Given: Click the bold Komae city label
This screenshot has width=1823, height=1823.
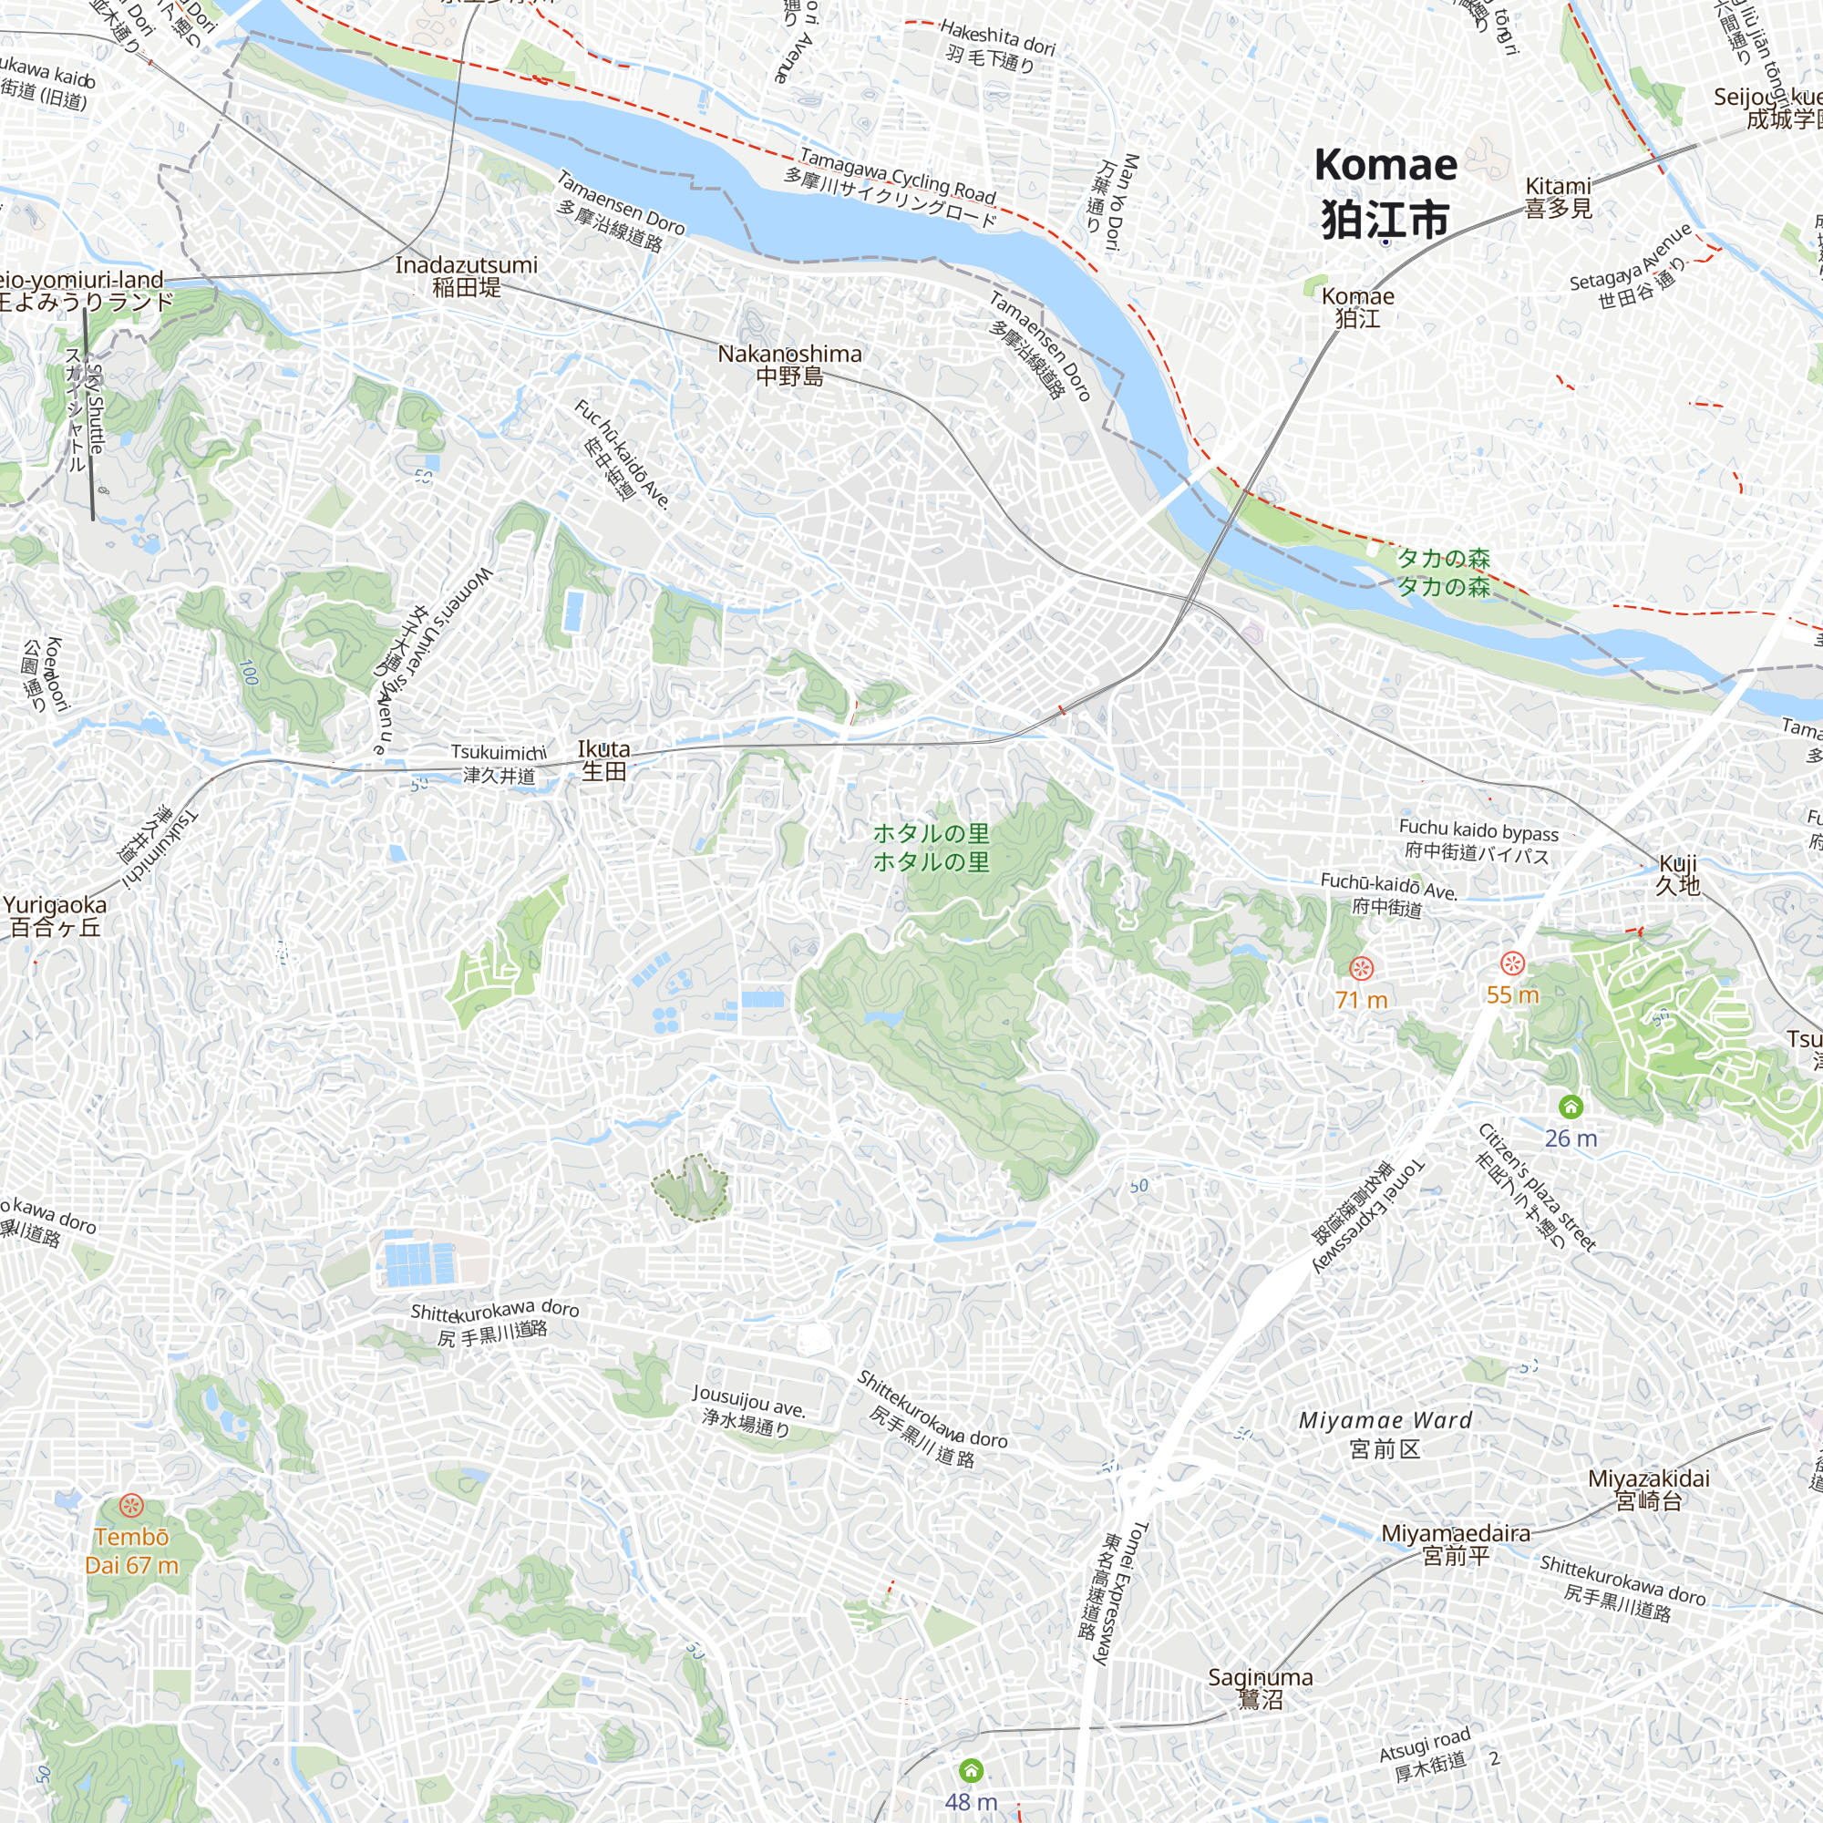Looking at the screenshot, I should click(x=1385, y=192).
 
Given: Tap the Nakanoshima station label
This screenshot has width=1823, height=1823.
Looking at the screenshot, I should click(x=789, y=366).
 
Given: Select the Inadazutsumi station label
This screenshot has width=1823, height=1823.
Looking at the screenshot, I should click(x=466, y=275).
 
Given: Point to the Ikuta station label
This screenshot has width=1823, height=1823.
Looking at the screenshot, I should click(x=604, y=759).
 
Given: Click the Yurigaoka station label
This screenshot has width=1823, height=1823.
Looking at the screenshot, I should click(x=55, y=915).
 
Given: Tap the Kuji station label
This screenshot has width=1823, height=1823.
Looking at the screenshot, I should click(x=1678, y=874).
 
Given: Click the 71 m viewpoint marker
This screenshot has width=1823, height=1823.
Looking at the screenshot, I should click(x=1361, y=968).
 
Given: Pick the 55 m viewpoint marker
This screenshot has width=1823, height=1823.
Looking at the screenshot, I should click(x=1512, y=963).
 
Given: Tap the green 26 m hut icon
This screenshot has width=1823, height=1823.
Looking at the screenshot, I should click(x=1571, y=1106).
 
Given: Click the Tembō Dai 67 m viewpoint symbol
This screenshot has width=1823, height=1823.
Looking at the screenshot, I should click(x=131, y=1504).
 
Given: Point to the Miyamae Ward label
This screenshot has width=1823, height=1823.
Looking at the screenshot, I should click(x=1385, y=1433).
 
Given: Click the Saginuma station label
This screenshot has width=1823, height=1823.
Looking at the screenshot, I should click(x=1261, y=1688).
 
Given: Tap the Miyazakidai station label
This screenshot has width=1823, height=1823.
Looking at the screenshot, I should click(x=1648, y=1489).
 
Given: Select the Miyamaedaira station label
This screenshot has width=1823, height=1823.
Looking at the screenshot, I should click(x=1456, y=1544).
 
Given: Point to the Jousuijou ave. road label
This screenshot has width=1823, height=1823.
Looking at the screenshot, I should click(x=748, y=1410).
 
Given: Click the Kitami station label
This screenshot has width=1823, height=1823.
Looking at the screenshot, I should click(x=1558, y=196).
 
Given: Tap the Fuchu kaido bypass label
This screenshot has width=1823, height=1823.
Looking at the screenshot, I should click(x=1478, y=841).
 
